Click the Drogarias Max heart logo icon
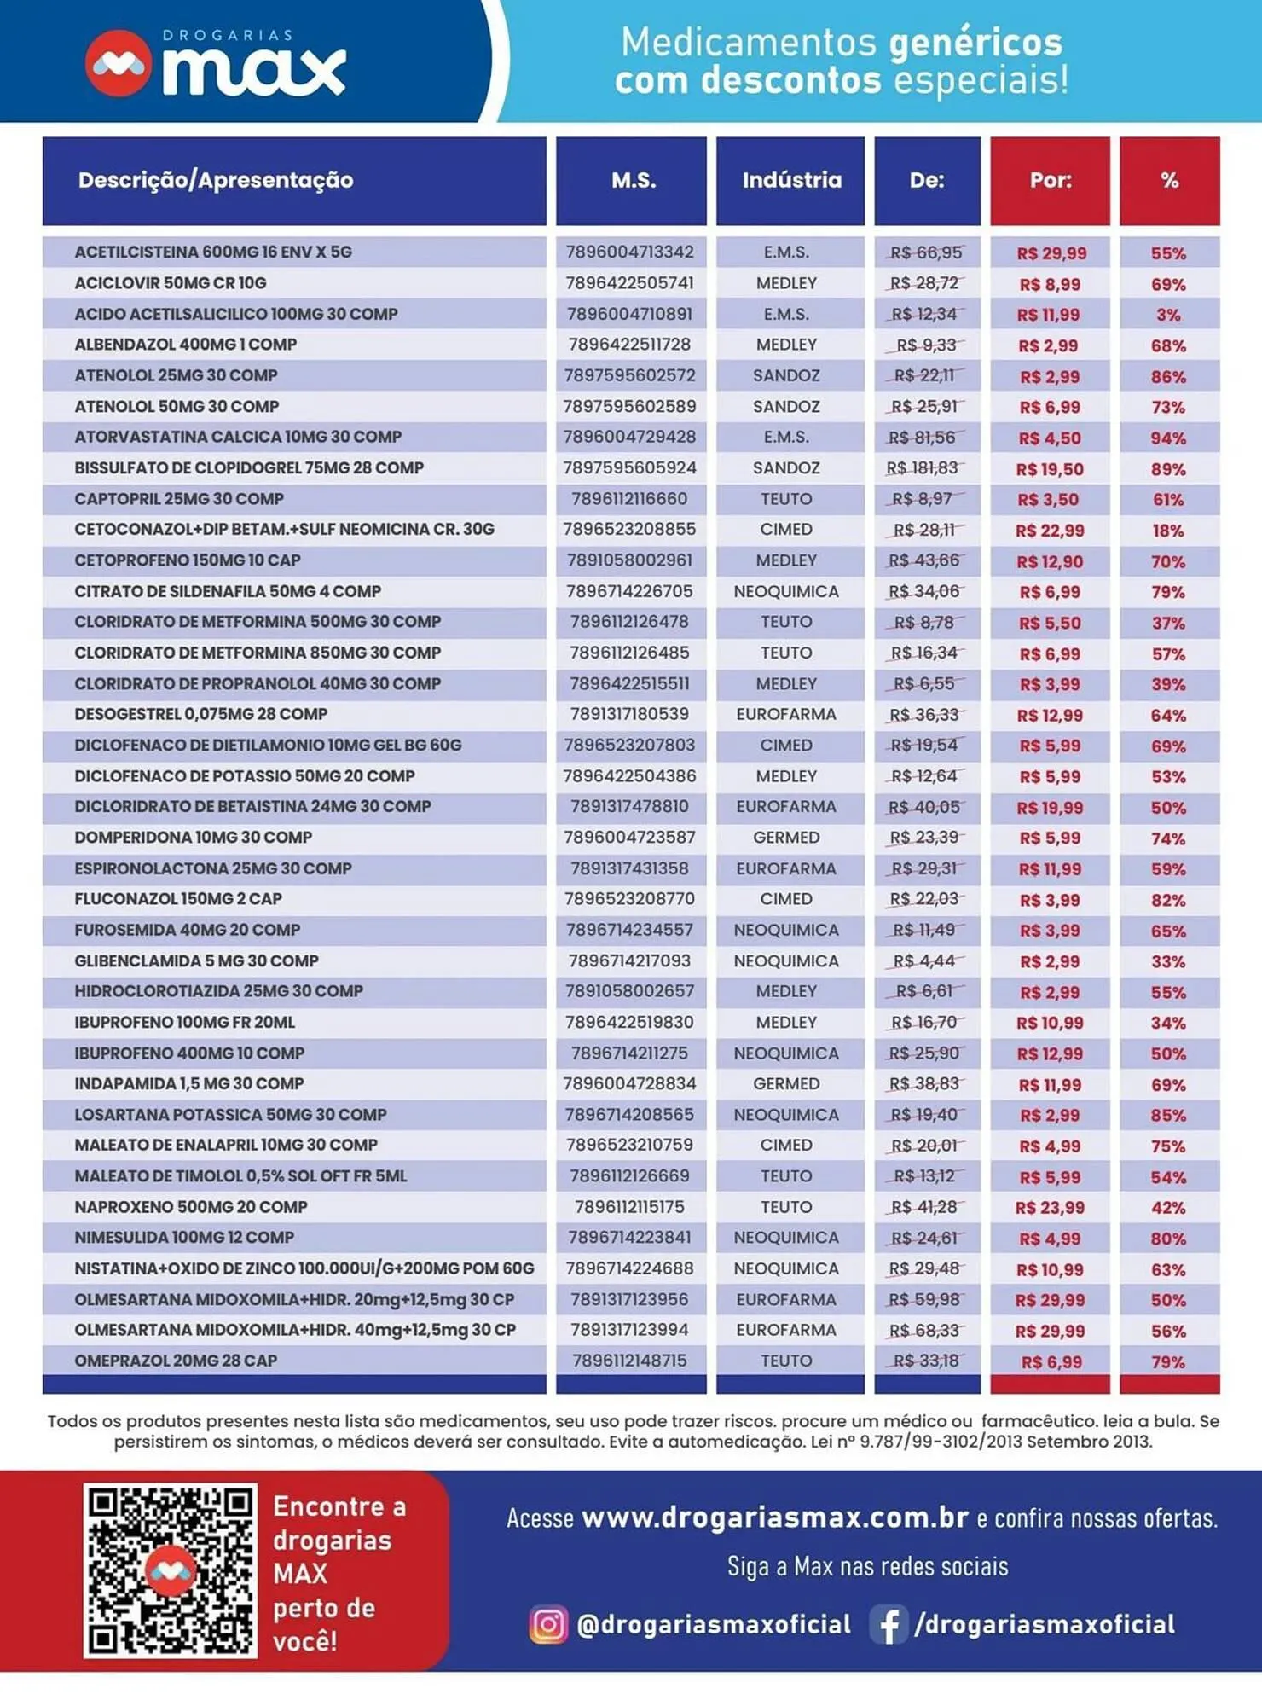click(x=119, y=63)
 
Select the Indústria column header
click(x=790, y=180)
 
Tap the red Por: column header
click(x=1050, y=180)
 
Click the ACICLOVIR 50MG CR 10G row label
click(x=171, y=283)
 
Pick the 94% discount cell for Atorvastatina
click(x=1168, y=438)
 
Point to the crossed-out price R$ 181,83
click(x=923, y=468)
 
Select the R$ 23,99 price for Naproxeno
click(x=1050, y=1208)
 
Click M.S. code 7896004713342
click(x=629, y=252)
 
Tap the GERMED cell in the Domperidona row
click(x=786, y=838)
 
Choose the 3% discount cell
click(x=1168, y=315)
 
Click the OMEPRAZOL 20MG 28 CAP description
click(x=176, y=1361)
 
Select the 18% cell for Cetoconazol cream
click(x=1168, y=531)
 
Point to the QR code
click(x=170, y=1570)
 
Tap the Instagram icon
click(x=547, y=1624)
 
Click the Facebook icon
click(x=888, y=1624)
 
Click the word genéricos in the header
click(x=975, y=43)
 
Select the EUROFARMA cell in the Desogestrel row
click(x=786, y=714)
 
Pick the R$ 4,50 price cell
click(x=1050, y=438)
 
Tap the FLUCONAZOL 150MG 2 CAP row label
click(x=178, y=899)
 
